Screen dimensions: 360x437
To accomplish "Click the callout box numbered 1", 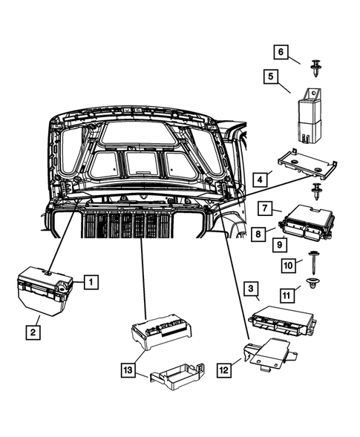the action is pyautogui.click(x=91, y=282).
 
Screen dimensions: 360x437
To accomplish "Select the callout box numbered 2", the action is pyautogui.click(x=33, y=332).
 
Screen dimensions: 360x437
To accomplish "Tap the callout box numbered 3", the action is pyautogui.click(x=251, y=289).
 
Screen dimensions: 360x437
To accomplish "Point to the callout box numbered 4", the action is pyautogui.click(x=260, y=180).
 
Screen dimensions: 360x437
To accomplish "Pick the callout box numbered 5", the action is pyautogui.click(x=271, y=76).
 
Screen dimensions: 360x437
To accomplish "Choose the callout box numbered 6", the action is pyautogui.click(x=281, y=52).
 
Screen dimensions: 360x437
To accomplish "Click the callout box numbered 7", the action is pyautogui.click(x=265, y=208).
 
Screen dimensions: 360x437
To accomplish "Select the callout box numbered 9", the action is pyautogui.click(x=280, y=245).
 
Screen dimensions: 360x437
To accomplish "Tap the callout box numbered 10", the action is pyautogui.click(x=288, y=266).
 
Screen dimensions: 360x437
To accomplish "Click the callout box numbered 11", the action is pyautogui.click(x=287, y=295).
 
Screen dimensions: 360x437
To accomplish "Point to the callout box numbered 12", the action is pyautogui.click(x=224, y=370).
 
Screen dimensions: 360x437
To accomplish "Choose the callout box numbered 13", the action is pyautogui.click(x=128, y=370).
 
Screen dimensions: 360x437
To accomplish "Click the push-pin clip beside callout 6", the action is pyautogui.click(x=315, y=68).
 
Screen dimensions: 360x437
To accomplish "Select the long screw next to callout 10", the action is pyautogui.click(x=311, y=263).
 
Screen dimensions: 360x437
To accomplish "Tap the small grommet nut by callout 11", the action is pyautogui.click(x=312, y=283).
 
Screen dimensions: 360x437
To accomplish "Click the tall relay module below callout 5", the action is pyautogui.click(x=309, y=116).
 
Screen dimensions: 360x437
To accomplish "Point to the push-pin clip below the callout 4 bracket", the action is pyautogui.click(x=316, y=191).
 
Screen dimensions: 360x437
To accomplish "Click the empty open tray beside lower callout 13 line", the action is pyautogui.click(x=177, y=376).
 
